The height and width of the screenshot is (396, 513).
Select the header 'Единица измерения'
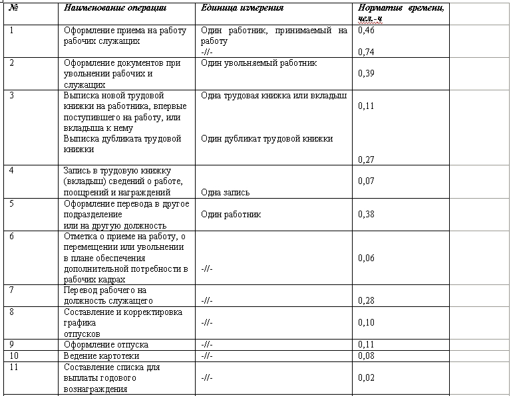click(x=242, y=8)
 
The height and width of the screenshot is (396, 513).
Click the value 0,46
click(x=365, y=31)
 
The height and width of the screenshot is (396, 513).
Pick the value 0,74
click(x=365, y=52)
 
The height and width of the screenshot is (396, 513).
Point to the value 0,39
click(x=365, y=73)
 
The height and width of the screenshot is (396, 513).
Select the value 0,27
click(x=365, y=159)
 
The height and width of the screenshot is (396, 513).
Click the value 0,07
click(x=365, y=181)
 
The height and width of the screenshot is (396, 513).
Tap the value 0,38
click(x=365, y=214)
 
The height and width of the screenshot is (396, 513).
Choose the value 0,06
click(x=365, y=258)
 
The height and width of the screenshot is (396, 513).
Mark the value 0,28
click(x=365, y=301)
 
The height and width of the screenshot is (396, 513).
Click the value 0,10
click(x=365, y=322)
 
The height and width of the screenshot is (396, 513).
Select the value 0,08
click(x=365, y=355)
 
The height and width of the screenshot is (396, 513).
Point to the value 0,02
click(x=365, y=377)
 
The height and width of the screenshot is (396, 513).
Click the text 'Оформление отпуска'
click(x=106, y=345)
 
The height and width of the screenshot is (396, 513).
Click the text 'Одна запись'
click(x=225, y=193)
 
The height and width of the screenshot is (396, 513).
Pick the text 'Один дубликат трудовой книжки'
click(x=266, y=139)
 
